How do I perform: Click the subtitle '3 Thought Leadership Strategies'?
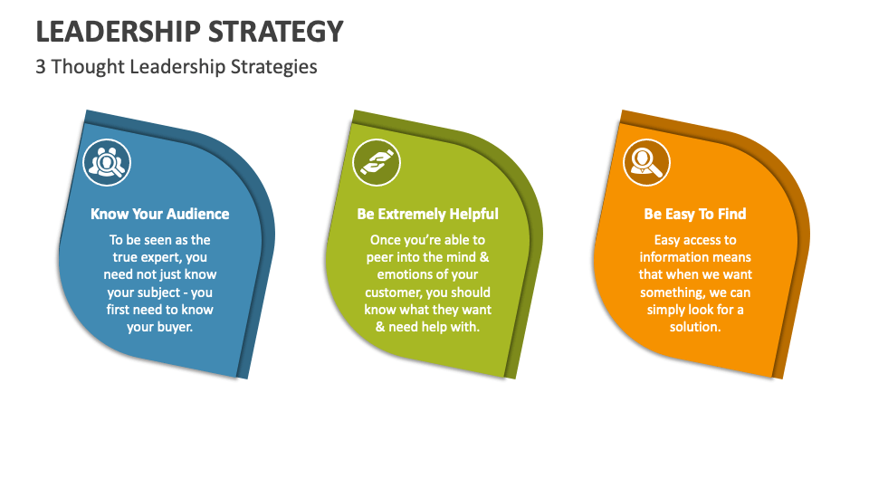(x=177, y=66)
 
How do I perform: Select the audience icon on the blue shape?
(x=107, y=163)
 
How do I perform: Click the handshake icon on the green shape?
(x=377, y=163)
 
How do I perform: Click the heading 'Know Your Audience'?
(x=160, y=214)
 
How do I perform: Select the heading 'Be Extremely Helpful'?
(x=427, y=214)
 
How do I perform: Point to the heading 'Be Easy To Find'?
(x=695, y=214)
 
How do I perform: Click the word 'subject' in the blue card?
(x=152, y=292)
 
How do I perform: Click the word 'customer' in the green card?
(x=395, y=292)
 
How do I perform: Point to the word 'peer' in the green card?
(x=380, y=257)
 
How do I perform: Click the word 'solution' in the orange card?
(x=693, y=327)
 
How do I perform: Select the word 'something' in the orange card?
(x=673, y=292)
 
